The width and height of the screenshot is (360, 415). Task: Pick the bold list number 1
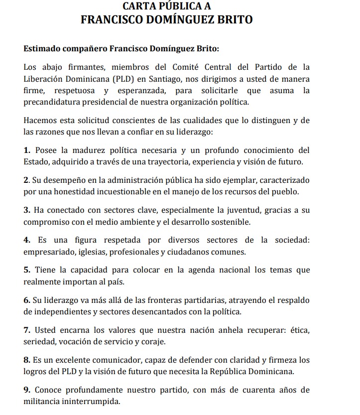click(x=26, y=150)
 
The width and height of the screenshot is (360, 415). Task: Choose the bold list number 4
click(x=26, y=240)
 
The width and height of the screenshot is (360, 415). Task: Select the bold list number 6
click(x=26, y=300)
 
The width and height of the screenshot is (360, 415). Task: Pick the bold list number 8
click(x=26, y=360)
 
